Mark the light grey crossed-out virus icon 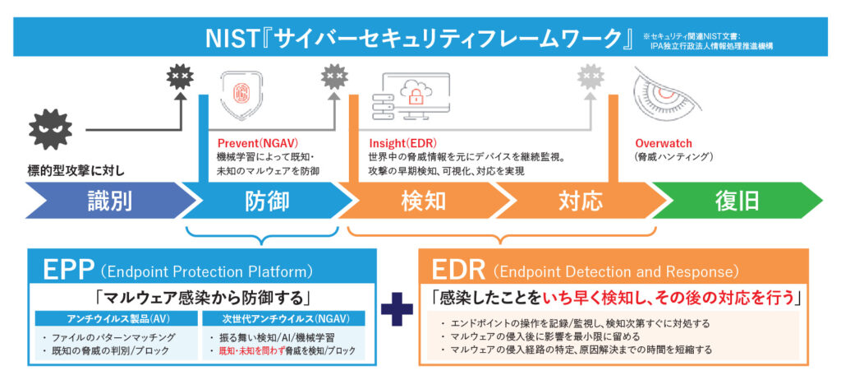[x=590, y=78]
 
